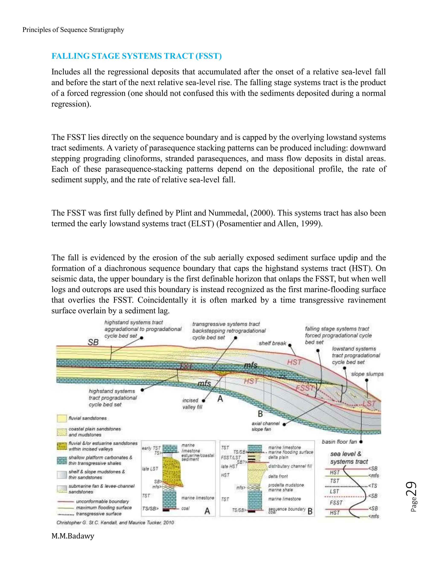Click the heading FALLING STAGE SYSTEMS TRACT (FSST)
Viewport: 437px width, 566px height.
136,56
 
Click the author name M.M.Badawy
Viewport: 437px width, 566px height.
73,536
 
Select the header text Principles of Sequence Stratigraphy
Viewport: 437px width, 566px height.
73,30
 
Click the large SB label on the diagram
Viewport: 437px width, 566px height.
93,342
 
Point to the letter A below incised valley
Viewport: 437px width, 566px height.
220,399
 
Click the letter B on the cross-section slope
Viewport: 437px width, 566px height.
260,414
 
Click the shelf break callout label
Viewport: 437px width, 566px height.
272,343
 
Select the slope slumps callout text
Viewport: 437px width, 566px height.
367,374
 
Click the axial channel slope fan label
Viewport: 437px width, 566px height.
265,426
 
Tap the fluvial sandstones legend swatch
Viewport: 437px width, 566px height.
62,418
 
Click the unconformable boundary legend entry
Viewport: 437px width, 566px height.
102,501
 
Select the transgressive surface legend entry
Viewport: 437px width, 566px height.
99,514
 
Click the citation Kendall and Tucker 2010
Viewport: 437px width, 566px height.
115,522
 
